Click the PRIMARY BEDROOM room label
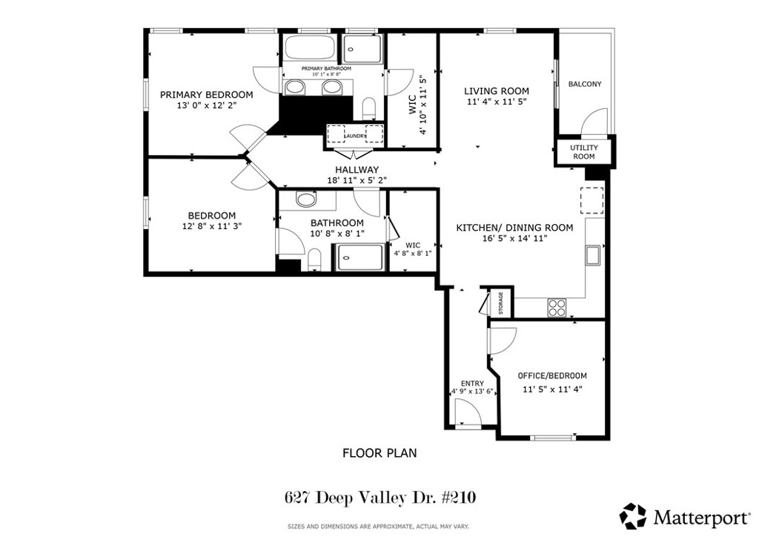click(x=206, y=95)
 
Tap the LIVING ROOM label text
click(x=497, y=91)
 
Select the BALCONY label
click(x=585, y=85)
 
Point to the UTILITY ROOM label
click(x=583, y=152)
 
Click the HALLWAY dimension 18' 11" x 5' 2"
click(x=357, y=180)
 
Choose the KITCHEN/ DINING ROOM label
click(x=514, y=228)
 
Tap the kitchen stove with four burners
click(x=556, y=306)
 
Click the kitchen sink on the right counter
click(x=593, y=255)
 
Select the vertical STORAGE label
click(x=500, y=303)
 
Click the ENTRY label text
click(x=472, y=383)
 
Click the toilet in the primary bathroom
click(x=368, y=108)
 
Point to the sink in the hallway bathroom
click(x=305, y=199)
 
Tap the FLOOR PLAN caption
click(x=379, y=452)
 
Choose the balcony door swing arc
click(x=593, y=120)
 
